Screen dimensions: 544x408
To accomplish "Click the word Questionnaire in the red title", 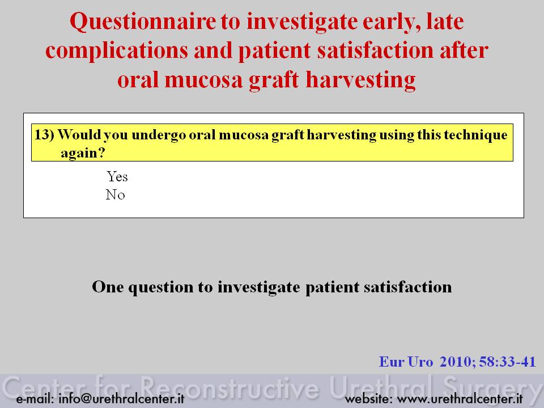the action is pos(143,22).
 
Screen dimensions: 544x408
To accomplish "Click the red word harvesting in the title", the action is pos(360,80).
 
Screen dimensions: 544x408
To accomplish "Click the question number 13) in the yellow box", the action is pos(44,134).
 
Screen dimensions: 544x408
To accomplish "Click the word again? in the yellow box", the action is pos(83,153).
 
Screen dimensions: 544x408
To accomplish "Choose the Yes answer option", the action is pos(117,177).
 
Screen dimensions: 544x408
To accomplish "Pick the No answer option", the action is pos(115,194).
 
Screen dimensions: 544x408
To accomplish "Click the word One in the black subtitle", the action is pos(108,287).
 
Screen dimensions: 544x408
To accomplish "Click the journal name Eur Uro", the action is pos(406,362).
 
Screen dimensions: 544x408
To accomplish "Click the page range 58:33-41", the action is pos(507,362).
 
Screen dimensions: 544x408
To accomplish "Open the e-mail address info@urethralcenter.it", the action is pos(121,398).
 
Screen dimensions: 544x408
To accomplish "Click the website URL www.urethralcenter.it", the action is pos(460,399).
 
